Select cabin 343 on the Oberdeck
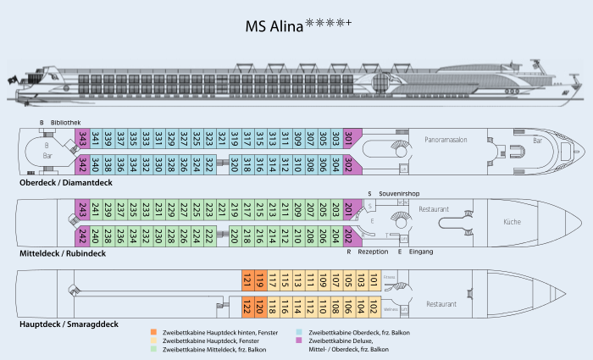[x=83, y=138]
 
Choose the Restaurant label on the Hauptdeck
[x=441, y=303]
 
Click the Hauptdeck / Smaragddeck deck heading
[x=68, y=324]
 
